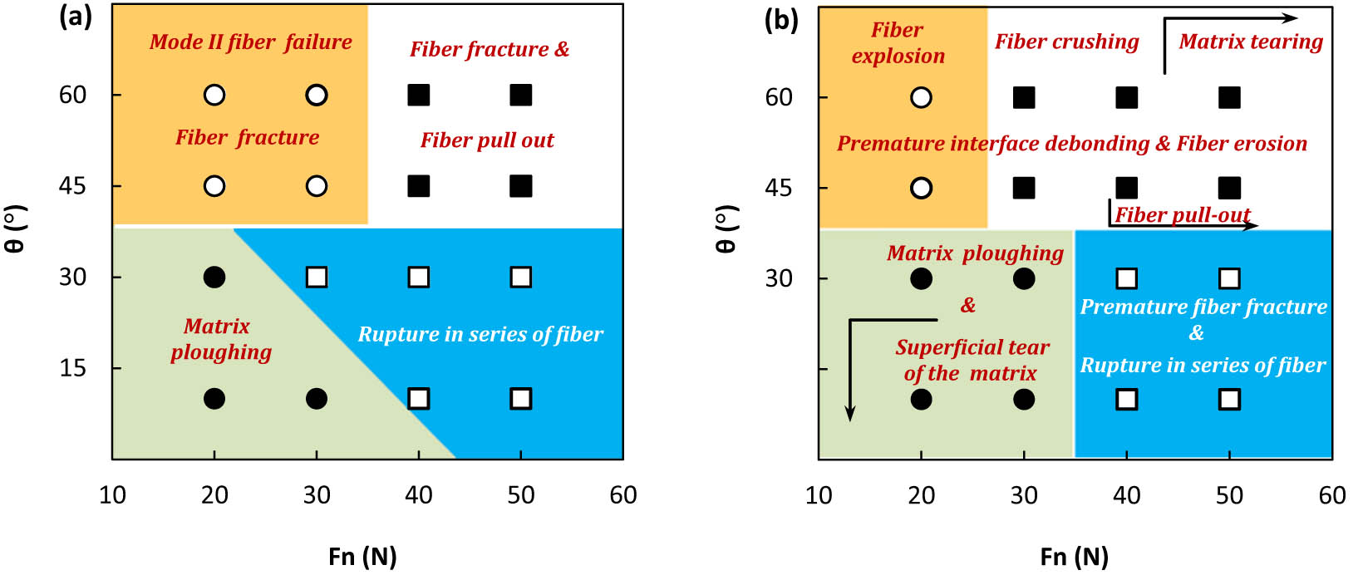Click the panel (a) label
tap(75, 17)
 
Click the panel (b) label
tap(780, 20)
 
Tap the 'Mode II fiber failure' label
tap(250, 42)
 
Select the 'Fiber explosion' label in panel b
tap(898, 43)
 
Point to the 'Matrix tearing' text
tap(1250, 42)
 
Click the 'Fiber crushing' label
tap(1066, 42)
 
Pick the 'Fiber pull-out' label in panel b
tap(1182, 215)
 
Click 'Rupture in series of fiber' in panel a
tap(480, 335)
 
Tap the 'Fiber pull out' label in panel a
tap(487, 140)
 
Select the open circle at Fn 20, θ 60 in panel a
tap(214, 96)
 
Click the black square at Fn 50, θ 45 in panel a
tap(521, 186)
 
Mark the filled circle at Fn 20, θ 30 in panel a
tap(214, 277)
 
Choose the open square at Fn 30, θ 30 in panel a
tap(317, 277)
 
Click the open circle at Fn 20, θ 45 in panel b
tap(921, 188)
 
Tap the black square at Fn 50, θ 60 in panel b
tap(1229, 98)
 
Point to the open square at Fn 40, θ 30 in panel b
tap(1126, 278)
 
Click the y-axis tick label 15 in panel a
tap(73, 368)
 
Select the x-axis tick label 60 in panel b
tap(1331, 495)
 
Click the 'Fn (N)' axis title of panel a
tap(362, 556)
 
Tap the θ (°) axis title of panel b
tap(726, 230)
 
